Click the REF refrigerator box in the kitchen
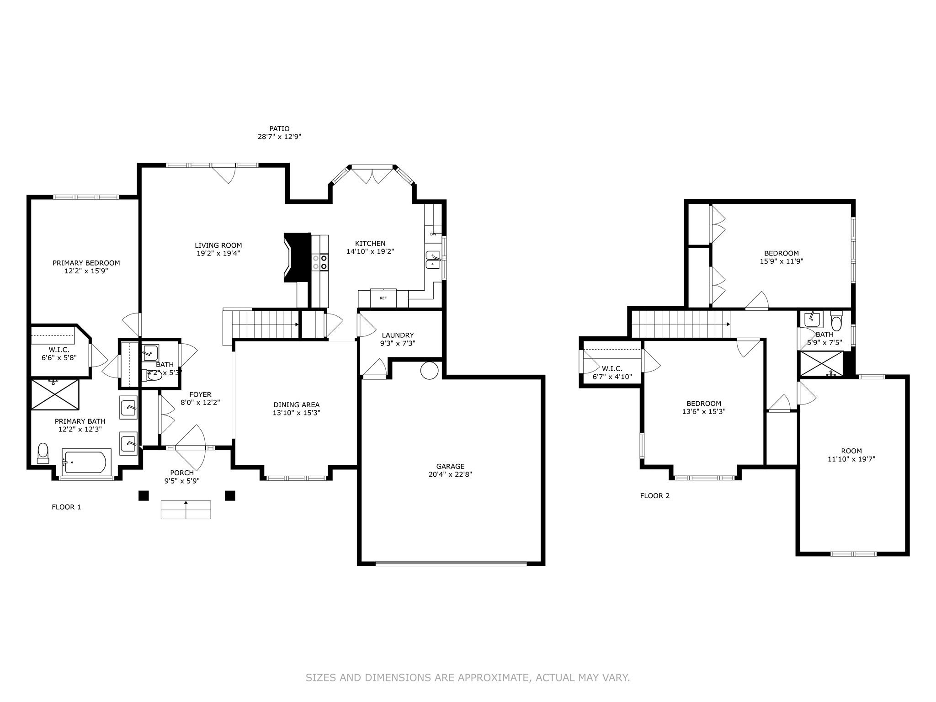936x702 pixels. pos(383,298)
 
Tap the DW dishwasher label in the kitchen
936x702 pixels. pos(433,234)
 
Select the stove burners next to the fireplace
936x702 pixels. pos(320,262)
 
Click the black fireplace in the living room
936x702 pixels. pos(296,257)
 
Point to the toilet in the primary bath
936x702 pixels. pos(43,452)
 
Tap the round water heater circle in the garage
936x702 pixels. pos(430,371)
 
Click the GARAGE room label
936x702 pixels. pos(450,466)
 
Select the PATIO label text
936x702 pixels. pos(279,129)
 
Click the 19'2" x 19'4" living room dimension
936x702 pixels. pos(218,253)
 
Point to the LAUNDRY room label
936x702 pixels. pos(398,335)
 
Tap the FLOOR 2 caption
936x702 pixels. pos(654,495)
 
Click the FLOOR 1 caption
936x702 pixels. pos(66,507)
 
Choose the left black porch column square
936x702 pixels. pos(144,495)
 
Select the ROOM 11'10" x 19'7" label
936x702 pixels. pos(851,455)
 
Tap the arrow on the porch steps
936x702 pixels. pos(186,503)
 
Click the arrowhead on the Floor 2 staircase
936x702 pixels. pos(729,324)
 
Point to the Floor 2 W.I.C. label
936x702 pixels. pos(612,368)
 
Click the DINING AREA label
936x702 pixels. pos(296,404)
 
